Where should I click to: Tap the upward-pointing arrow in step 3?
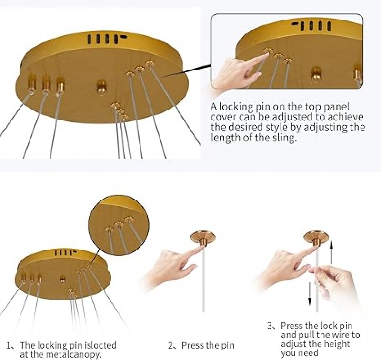coord(331,252)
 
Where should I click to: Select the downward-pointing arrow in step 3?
coord(310,293)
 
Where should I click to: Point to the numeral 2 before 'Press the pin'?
coord(170,345)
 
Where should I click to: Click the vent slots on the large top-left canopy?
coord(107,39)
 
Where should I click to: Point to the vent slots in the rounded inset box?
coord(312,26)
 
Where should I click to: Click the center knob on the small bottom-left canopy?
coord(63,279)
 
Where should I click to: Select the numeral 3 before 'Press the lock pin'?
coord(270,326)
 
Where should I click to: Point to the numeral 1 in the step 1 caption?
coord(9,345)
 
